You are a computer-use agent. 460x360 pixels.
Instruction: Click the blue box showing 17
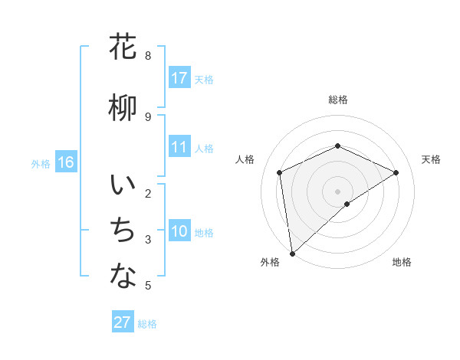coord(179,78)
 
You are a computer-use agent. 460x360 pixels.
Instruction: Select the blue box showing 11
coord(179,147)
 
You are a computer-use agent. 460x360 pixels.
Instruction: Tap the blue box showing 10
coord(179,231)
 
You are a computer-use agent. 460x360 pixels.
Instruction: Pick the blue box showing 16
coord(65,162)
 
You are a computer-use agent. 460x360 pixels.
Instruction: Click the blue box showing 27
coord(123,322)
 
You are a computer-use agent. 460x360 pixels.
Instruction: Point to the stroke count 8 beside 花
coord(148,56)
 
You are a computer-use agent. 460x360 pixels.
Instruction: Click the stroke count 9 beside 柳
coord(148,116)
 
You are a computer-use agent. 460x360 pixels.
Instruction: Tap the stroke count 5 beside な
coord(148,286)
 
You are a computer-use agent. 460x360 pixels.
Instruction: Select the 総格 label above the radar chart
coord(337,100)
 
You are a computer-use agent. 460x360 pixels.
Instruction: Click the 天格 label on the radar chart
coord(431,159)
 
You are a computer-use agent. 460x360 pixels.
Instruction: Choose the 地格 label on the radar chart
coord(402,262)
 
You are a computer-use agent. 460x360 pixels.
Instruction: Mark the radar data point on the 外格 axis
coord(292,253)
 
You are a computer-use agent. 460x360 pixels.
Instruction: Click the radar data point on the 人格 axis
coord(280,172)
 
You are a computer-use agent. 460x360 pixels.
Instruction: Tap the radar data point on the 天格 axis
coord(396,172)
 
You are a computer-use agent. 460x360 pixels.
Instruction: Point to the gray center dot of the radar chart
coord(337,191)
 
